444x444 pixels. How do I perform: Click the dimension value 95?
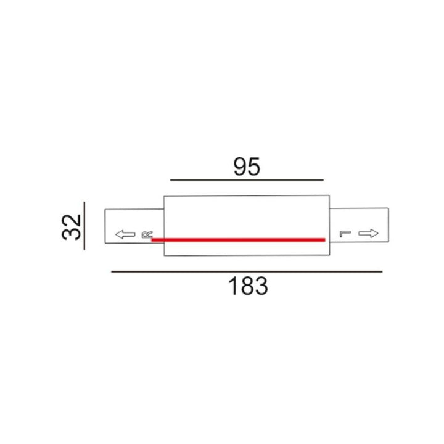coord(247,166)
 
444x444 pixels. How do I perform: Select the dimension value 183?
coord(248,286)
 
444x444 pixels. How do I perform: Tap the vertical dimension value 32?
coord(72,227)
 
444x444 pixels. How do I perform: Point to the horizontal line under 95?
coord(247,180)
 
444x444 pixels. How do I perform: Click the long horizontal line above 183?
coord(247,271)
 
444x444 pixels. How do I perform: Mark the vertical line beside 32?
coord(84,226)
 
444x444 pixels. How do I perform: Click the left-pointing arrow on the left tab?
coord(125,234)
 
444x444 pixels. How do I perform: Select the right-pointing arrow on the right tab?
coord(368,233)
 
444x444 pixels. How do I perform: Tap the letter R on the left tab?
coord(147,234)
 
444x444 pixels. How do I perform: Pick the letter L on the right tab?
coord(345,234)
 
